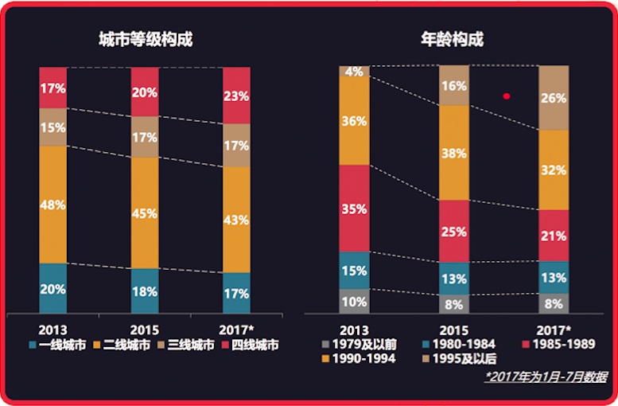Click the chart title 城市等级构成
click(x=145, y=41)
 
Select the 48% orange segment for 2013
click(x=52, y=205)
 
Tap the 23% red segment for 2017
click(x=236, y=96)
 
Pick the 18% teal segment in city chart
click(x=144, y=291)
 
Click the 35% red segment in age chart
click(x=354, y=209)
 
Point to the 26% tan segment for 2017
click(x=554, y=98)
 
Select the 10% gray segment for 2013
click(x=354, y=302)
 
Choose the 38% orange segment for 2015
click(x=454, y=153)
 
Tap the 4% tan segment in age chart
click(x=354, y=72)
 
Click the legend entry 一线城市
click(x=57, y=345)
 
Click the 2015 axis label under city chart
click(x=144, y=330)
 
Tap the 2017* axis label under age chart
click(x=554, y=330)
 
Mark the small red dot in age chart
click(x=507, y=96)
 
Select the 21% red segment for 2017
click(x=554, y=236)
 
